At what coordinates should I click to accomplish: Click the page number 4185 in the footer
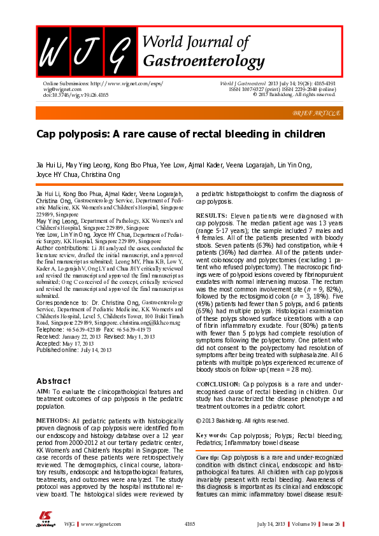click(189, 523)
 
